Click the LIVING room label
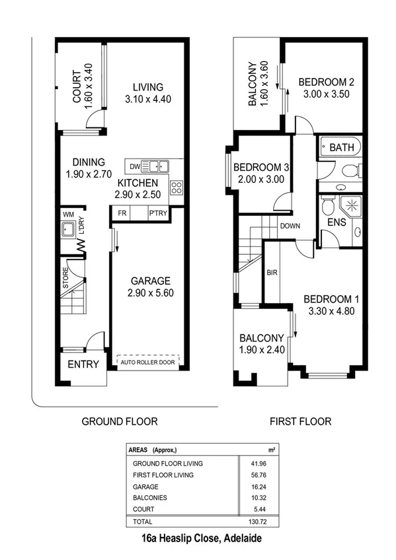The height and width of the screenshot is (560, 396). tap(147, 87)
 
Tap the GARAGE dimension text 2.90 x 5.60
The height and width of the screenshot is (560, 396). tap(150, 293)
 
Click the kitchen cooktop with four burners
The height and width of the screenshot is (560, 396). tap(177, 187)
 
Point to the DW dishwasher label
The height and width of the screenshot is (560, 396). tap(136, 166)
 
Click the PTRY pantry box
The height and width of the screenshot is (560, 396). tap(158, 213)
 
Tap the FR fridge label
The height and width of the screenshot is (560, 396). tap(122, 213)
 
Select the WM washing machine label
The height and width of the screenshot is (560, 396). tap(68, 215)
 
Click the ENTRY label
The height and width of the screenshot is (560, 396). tap(84, 364)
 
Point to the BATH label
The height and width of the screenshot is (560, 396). tap(341, 147)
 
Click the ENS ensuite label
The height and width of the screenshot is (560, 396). tap(337, 223)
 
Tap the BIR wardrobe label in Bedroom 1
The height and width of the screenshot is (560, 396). tap(271, 271)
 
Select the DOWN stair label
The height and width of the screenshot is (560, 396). tap(290, 226)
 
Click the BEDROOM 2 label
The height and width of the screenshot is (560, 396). tap(327, 83)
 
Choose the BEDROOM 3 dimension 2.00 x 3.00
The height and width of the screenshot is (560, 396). tap(258, 179)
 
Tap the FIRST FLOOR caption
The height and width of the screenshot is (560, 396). tap(300, 421)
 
